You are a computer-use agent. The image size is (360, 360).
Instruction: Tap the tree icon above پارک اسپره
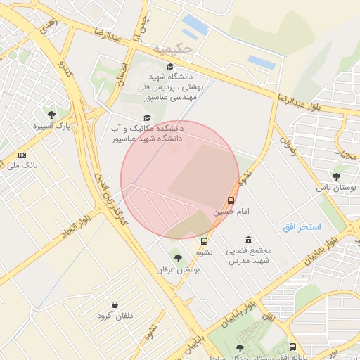coord(51,113)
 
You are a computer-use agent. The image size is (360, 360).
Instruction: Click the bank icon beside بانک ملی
coord(22,154)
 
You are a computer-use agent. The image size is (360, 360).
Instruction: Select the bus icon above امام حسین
coord(232,200)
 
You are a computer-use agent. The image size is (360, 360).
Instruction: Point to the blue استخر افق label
coord(302,227)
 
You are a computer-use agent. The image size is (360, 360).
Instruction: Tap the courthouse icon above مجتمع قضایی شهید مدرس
coord(247,240)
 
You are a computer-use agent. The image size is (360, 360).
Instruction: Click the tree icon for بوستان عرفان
coord(177,257)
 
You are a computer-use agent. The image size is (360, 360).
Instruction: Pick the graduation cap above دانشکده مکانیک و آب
coord(147,117)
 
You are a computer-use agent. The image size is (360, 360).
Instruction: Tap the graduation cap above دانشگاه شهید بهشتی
coord(170,66)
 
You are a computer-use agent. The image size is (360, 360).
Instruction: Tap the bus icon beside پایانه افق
coord(292,347)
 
